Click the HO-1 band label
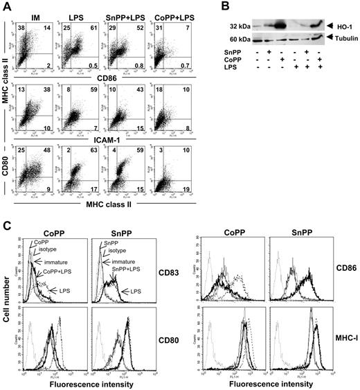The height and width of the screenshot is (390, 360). tap(340, 26)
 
